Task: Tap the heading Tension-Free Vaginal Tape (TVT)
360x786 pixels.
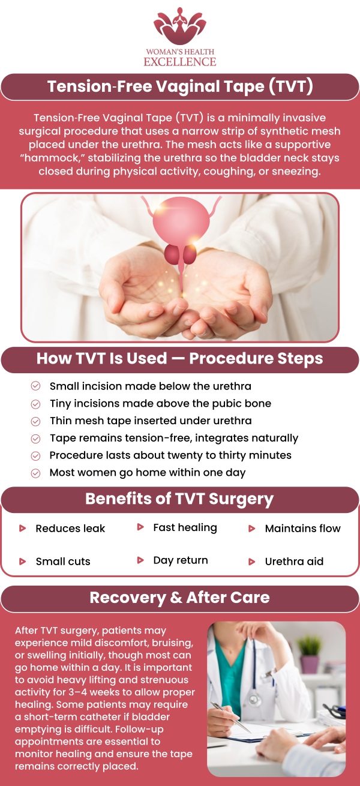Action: point(180,87)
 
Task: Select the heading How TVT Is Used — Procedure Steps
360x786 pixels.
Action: point(180,359)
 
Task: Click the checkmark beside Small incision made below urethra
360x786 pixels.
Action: point(36,386)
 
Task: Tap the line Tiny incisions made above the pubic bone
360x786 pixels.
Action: point(160,404)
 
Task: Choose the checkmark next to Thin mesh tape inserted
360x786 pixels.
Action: point(36,421)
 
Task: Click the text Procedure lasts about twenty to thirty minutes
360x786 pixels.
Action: point(170,455)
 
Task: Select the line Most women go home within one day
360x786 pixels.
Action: point(148,473)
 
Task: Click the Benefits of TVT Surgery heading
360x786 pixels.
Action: point(180,499)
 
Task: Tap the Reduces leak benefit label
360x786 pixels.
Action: point(70,529)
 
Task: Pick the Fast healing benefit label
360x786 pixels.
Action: point(185,527)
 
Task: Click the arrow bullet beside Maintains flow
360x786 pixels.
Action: point(252,529)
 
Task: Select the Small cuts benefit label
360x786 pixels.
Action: point(63,562)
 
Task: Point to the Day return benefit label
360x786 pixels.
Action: point(181,560)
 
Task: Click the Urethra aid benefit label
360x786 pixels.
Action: point(294,562)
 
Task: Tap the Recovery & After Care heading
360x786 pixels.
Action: point(180,598)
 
